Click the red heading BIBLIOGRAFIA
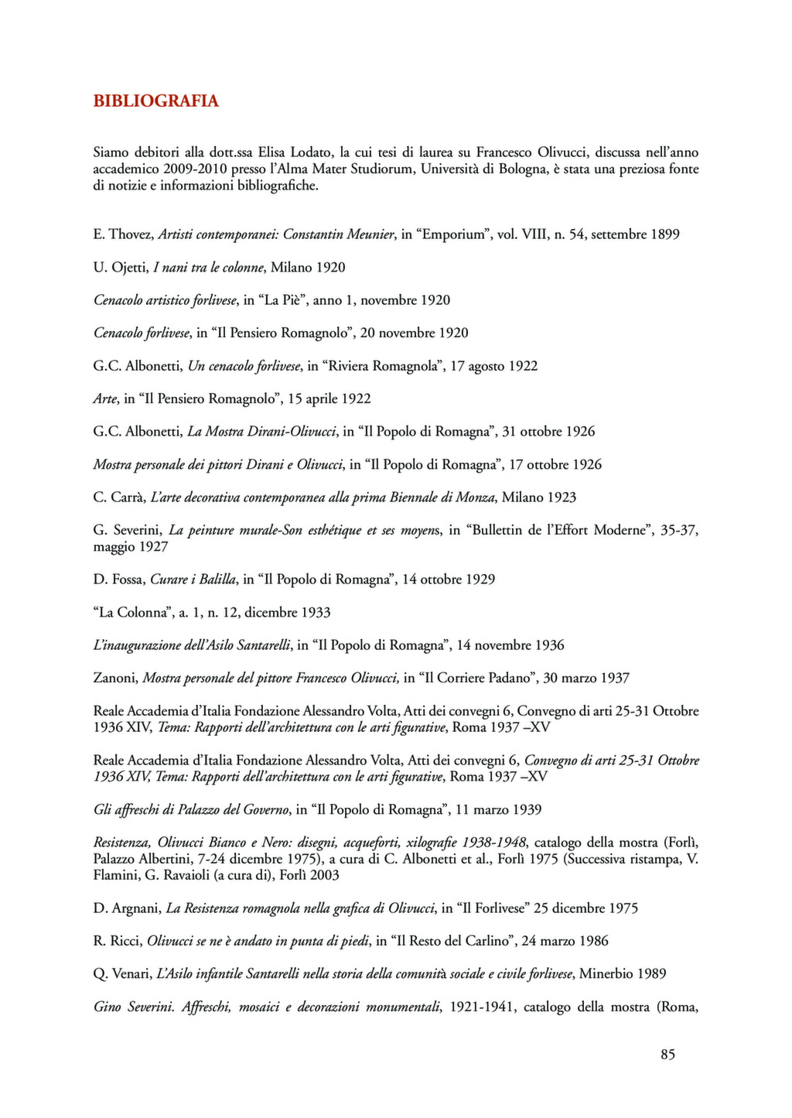[155, 101]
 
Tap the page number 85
[668, 1055]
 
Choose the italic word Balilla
[212, 580]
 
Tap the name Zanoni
[115, 679]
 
